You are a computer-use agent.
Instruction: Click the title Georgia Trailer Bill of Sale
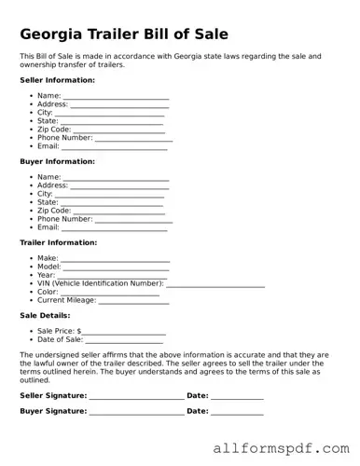(x=124, y=35)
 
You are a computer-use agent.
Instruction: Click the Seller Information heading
(x=57, y=80)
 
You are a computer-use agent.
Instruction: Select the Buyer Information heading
(x=56, y=161)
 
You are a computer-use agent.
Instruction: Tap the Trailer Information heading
(x=57, y=242)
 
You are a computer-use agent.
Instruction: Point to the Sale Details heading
(x=44, y=315)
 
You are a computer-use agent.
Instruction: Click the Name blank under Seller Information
(x=116, y=97)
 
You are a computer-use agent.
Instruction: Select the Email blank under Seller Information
(x=114, y=148)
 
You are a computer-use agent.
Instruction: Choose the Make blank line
(x=116, y=259)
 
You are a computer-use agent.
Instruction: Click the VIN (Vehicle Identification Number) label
(x=101, y=283)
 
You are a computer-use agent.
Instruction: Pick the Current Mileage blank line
(x=133, y=301)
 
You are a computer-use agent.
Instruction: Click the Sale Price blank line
(x=124, y=332)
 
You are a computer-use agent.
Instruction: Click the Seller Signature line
(x=136, y=397)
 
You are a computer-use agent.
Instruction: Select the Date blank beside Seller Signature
(x=237, y=397)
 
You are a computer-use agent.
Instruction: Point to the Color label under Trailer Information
(x=48, y=293)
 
